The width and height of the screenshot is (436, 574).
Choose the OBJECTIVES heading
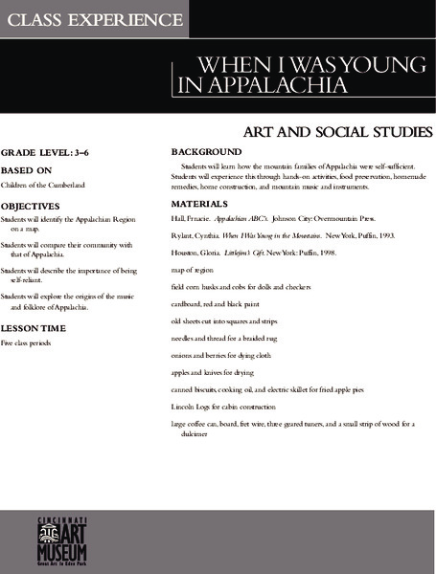point(31,206)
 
